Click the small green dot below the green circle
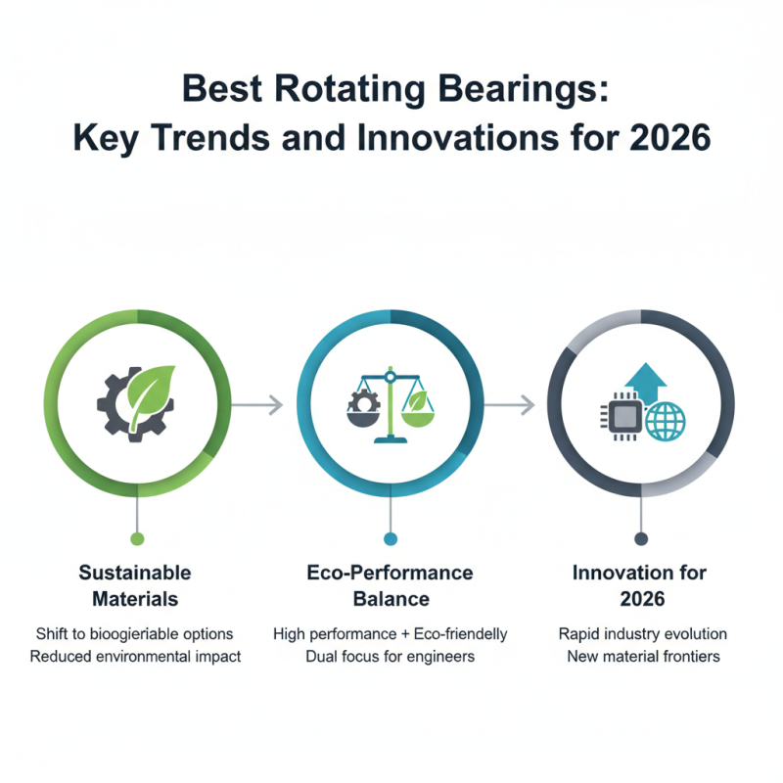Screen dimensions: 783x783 pos(137,538)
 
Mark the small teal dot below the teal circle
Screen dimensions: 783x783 pos(391,538)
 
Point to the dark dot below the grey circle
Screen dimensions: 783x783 pos(641,538)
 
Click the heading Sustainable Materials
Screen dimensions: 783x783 pos(135,584)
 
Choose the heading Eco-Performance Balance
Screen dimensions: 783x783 pos(391,584)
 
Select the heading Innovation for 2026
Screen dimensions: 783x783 pos(640,584)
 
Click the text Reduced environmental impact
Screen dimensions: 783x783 pos(135,656)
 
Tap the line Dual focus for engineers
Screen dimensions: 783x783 pos(391,656)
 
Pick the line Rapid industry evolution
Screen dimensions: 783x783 pos(640,633)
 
